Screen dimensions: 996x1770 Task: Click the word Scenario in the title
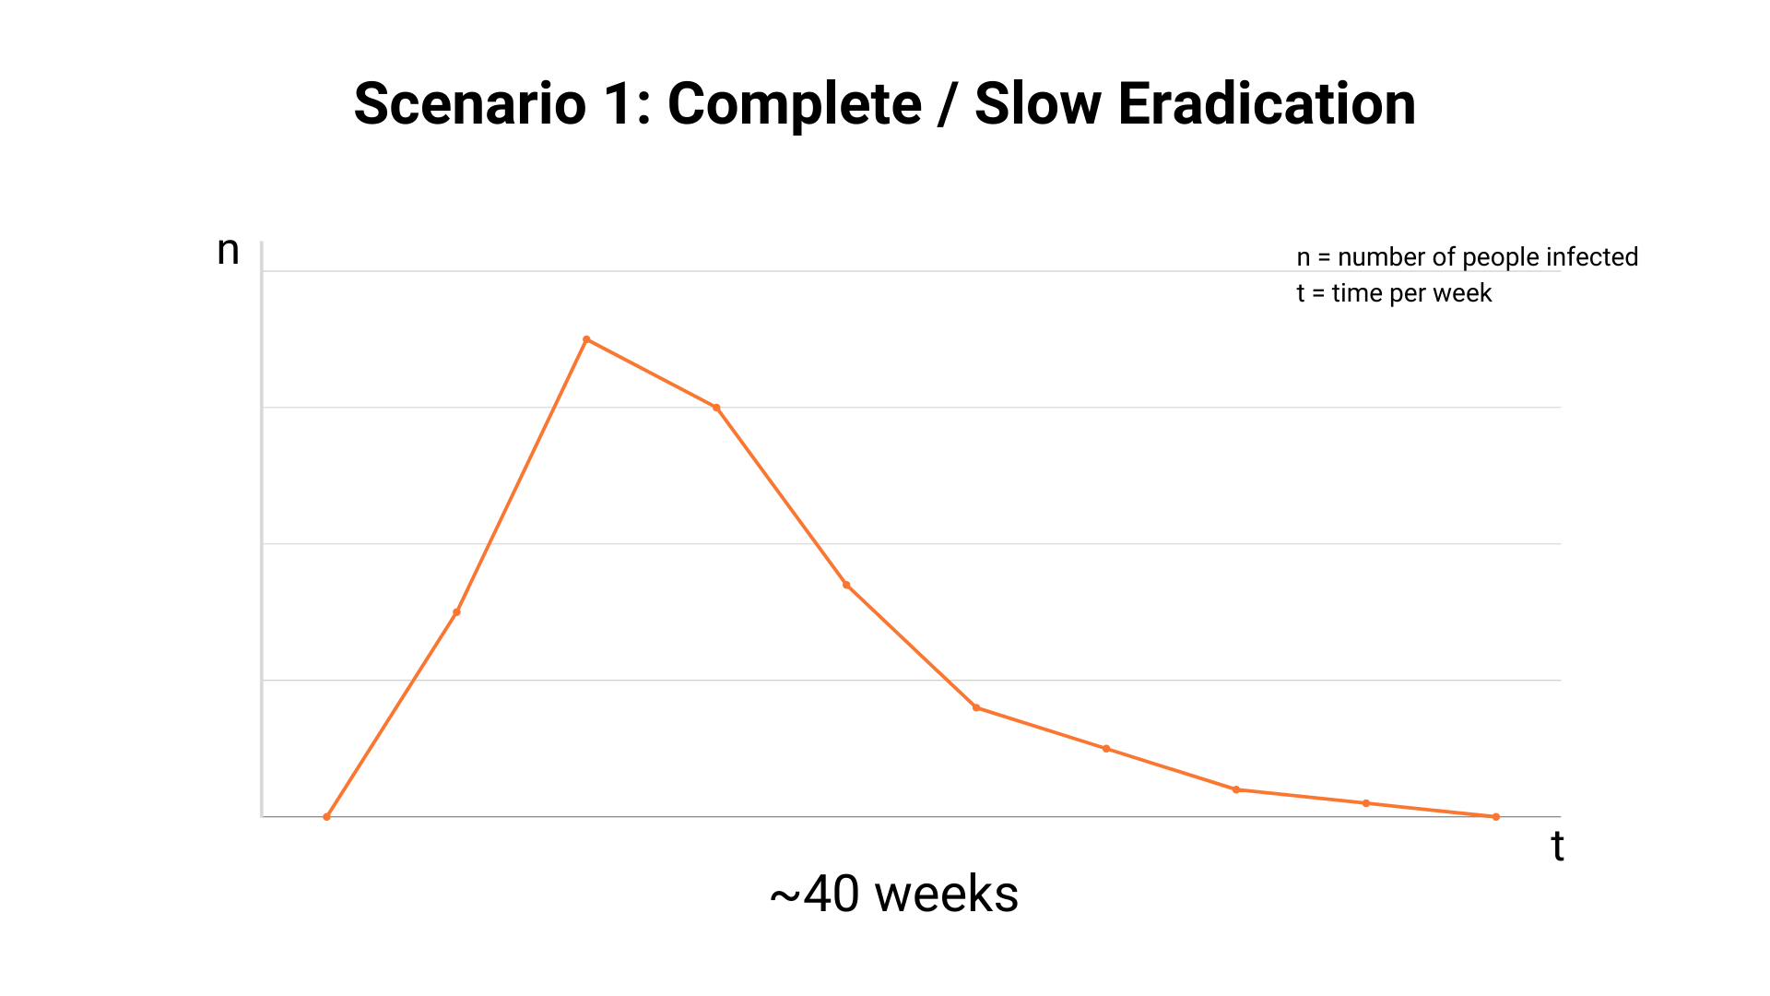click(x=469, y=103)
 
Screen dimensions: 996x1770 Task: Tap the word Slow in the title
click(x=1037, y=103)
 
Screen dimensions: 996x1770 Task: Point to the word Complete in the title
click(x=794, y=105)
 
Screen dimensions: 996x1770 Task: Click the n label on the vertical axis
click(x=228, y=251)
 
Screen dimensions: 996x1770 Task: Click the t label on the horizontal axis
click(x=1557, y=847)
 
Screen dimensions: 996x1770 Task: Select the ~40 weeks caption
click(x=893, y=894)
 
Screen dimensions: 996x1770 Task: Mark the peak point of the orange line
click(x=586, y=339)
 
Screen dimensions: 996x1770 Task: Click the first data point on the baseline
click(x=326, y=816)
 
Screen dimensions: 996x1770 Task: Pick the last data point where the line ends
click(x=1495, y=816)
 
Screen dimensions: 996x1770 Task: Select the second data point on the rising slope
click(x=456, y=612)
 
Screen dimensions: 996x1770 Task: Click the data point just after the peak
click(x=716, y=408)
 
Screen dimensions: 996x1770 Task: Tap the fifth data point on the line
click(x=846, y=585)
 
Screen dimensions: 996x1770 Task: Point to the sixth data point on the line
click(x=976, y=707)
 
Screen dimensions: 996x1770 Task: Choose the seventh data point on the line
click(x=1106, y=749)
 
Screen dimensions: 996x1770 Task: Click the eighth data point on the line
click(x=1236, y=789)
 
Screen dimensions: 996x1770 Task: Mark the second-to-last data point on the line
click(x=1366, y=803)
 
